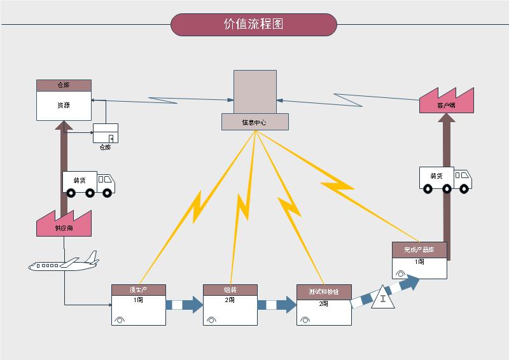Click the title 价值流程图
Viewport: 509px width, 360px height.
coord(253,25)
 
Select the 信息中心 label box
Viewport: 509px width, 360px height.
coord(254,121)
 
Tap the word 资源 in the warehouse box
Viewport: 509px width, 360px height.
coord(64,106)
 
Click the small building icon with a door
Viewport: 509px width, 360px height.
coord(106,134)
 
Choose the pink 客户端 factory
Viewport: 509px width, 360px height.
coord(447,101)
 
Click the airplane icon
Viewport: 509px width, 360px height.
coord(64,262)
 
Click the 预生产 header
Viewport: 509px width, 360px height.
coord(139,290)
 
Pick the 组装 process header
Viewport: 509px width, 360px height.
coord(230,290)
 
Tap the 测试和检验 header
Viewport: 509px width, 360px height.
coord(324,291)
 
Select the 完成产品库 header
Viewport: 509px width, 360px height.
coord(419,249)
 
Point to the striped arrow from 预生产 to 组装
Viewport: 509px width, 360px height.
coord(185,305)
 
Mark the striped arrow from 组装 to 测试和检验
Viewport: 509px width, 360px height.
coord(277,305)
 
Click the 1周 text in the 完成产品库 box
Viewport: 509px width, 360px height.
coord(419,261)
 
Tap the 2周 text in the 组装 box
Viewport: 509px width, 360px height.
coord(230,300)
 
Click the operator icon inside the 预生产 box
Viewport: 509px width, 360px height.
coord(120,320)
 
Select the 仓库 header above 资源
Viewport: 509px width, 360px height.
coord(64,85)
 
